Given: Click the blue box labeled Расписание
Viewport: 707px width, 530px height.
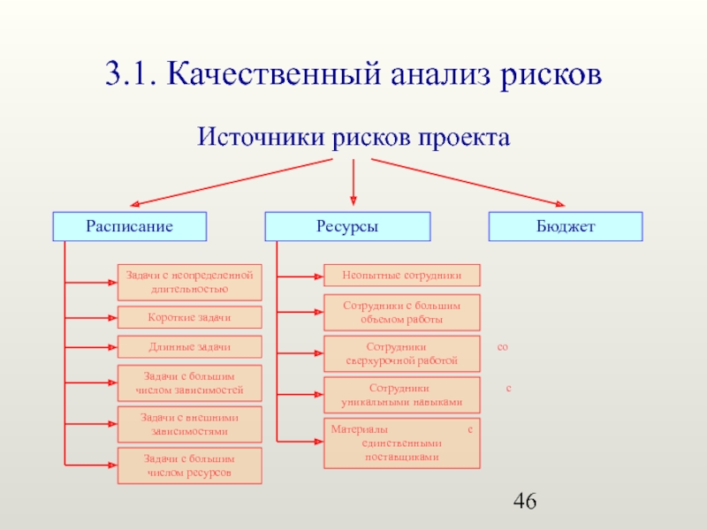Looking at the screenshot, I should point(129,227).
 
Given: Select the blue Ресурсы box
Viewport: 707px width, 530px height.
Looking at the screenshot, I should point(348,227).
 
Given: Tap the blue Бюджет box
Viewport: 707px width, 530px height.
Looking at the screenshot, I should point(566,227).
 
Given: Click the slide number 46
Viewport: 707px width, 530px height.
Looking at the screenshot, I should point(525,503).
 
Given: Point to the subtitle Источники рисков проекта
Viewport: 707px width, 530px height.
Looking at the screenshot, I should point(353,138).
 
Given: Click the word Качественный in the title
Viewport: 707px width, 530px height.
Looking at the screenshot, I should point(266,75).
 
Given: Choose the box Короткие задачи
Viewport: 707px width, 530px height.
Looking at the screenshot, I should point(190,317).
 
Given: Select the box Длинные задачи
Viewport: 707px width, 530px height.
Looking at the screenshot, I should point(190,346).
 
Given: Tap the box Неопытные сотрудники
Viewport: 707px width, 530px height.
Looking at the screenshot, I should point(402,275).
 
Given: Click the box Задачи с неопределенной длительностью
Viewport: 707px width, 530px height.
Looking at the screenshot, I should point(190,283).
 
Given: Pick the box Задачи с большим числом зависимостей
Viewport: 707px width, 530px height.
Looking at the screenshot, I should point(190,383).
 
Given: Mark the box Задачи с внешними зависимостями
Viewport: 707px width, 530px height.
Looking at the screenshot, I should point(190,424).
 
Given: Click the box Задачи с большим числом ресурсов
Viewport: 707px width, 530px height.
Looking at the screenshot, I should point(190,466).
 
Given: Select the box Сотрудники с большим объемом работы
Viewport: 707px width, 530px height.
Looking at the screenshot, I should point(402,311).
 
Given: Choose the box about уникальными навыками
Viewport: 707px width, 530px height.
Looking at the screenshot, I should point(402,395).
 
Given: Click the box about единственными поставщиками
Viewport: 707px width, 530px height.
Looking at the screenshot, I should point(402,443).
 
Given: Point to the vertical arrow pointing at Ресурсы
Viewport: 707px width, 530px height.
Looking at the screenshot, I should point(353,182).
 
